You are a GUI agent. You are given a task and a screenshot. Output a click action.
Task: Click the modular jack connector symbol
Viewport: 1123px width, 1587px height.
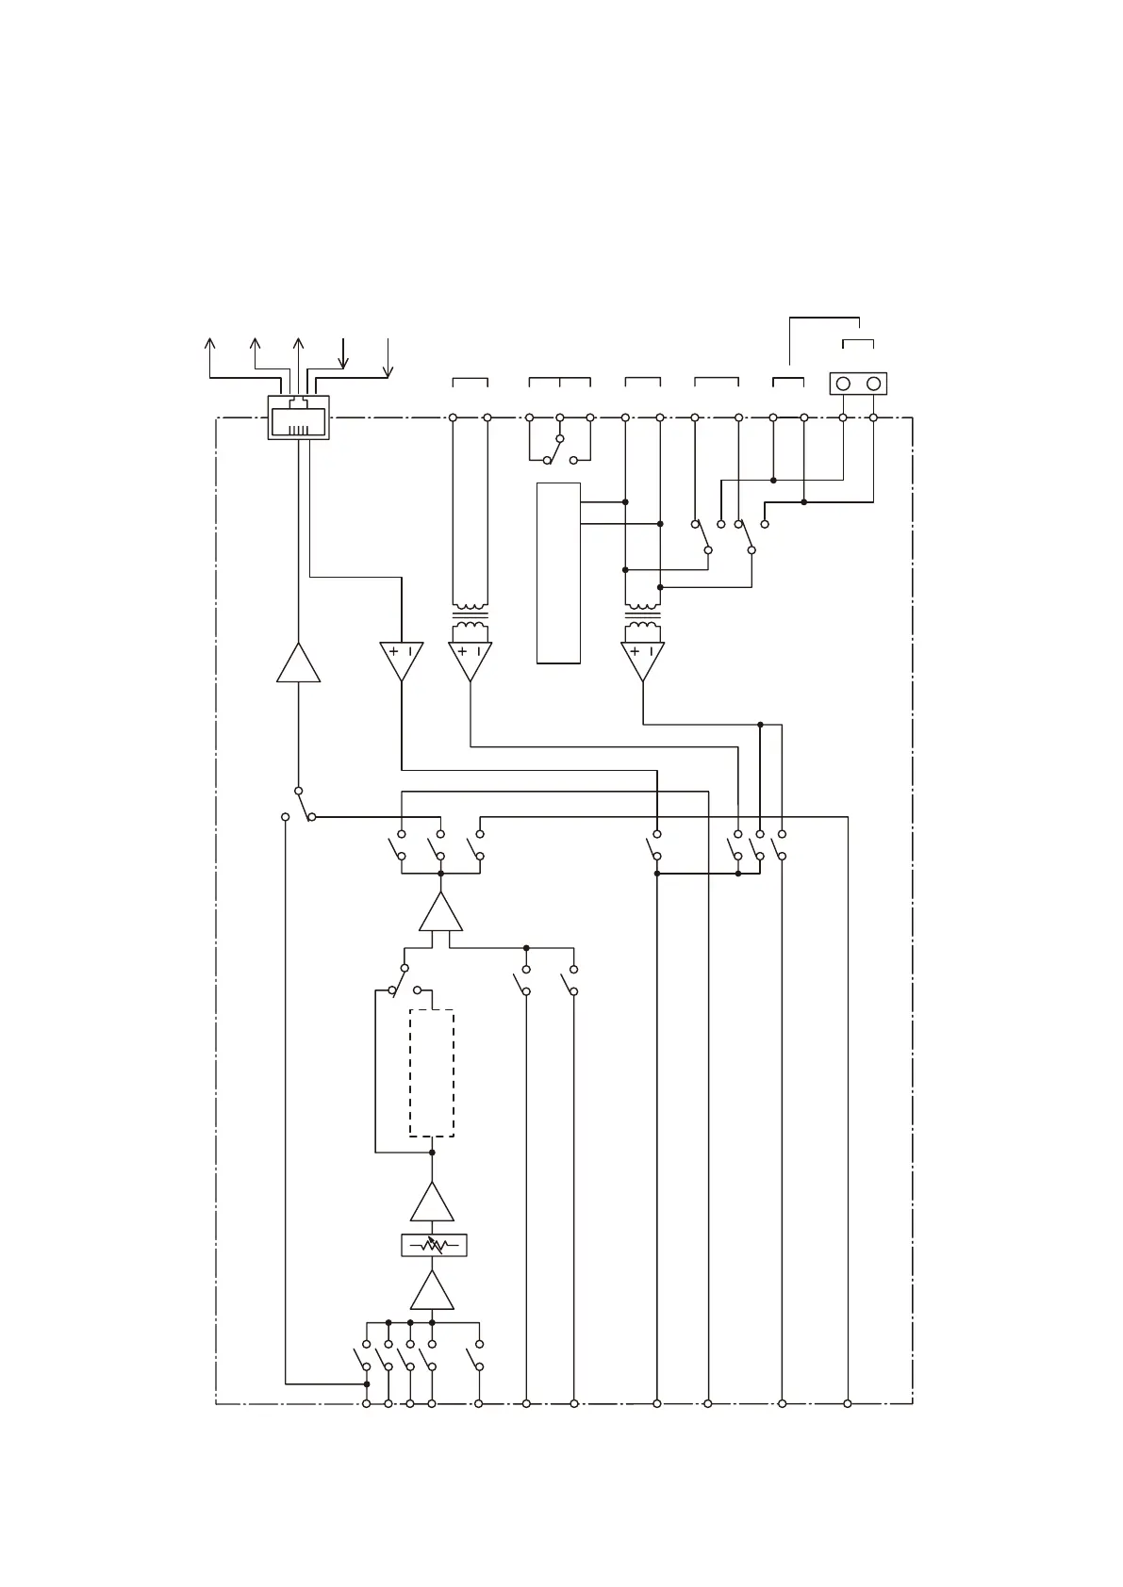pyautogui.click(x=298, y=417)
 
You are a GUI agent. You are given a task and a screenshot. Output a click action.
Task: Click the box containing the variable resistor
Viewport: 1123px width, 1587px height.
pyautogui.click(x=434, y=1245)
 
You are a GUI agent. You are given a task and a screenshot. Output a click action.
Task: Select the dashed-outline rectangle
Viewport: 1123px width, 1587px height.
pyautogui.click(x=432, y=1073)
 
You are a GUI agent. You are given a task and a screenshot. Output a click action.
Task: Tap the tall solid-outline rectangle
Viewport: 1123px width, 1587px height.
pyautogui.click(x=558, y=573)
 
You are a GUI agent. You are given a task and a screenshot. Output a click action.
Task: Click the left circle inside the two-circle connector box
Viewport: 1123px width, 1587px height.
pyautogui.click(x=843, y=384)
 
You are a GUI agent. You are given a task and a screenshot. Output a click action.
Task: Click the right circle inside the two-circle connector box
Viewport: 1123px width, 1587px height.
pyautogui.click(x=874, y=384)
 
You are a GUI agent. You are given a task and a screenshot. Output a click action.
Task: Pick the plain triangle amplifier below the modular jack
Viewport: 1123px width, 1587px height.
pyautogui.click(x=298, y=664)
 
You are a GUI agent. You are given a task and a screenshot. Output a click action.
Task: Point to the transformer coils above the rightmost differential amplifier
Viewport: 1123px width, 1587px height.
pyautogui.click(x=643, y=619)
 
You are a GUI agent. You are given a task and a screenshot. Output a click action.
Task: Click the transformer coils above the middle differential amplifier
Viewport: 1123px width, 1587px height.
pyautogui.click(x=470, y=619)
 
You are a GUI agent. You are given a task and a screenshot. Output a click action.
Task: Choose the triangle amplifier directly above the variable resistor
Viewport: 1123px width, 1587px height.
pyautogui.click(x=432, y=1203)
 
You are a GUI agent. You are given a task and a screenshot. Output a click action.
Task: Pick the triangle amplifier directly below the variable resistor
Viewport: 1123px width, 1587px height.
pyautogui.click(x=432, y=1292)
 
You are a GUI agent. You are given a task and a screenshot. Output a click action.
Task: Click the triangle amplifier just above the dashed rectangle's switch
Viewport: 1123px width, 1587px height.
pyautogui.click(x=440, y=914)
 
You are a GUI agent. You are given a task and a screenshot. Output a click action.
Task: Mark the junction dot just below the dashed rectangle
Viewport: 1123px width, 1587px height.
pyautogui.click(x=432, y=1153)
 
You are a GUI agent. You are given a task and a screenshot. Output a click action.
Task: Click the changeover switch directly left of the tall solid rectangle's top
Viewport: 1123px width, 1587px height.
pyautogui.click(x=560, y=449)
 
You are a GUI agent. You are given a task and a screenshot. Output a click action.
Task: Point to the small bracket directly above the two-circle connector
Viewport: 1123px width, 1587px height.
pyautogui.click(x=858, y=341)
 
